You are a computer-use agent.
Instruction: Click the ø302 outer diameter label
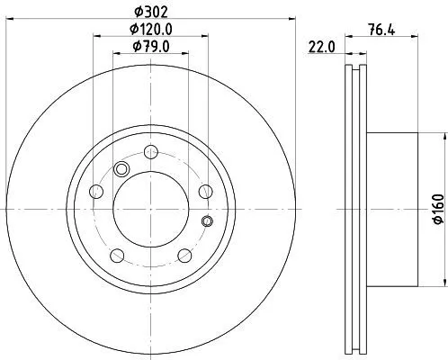click(x=149, y=12)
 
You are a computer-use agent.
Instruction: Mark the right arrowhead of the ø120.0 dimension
click(x=205, y=37)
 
